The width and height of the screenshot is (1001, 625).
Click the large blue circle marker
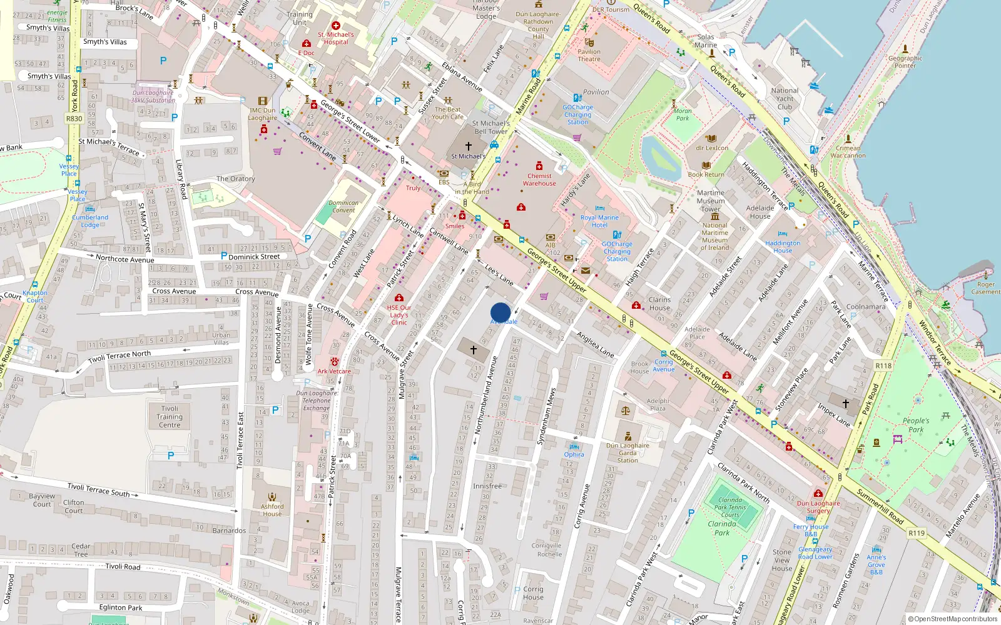(500, 312)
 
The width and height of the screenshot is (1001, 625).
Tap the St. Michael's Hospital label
(336, 38)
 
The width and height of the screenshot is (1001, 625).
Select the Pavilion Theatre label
(589, 56)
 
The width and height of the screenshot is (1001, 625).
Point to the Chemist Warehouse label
(539, 180)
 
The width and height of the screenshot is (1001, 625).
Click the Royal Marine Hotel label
(599, 221)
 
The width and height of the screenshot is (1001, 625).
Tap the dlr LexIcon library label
(712, 148)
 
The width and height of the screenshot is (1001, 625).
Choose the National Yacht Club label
(785, 99)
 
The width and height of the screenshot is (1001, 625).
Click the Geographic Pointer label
(905, 62)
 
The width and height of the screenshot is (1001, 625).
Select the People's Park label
(916, 425)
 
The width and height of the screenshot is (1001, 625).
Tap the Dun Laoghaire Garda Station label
(628, 453)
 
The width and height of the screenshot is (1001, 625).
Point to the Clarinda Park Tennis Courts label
(730, 507)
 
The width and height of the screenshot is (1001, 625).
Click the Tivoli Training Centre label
(170, 417)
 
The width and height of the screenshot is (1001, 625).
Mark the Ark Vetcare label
(334, 371)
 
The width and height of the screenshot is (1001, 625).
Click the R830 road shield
(74, 119)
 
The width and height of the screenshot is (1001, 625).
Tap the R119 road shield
(917, 533)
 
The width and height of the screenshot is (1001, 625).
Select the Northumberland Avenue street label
(486, 395)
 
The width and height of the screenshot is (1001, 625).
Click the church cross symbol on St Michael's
(468, 146)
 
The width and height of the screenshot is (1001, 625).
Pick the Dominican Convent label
(343, 206)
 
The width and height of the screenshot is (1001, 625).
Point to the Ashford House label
(272, 510)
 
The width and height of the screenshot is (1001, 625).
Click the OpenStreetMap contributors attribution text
(953, 619)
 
